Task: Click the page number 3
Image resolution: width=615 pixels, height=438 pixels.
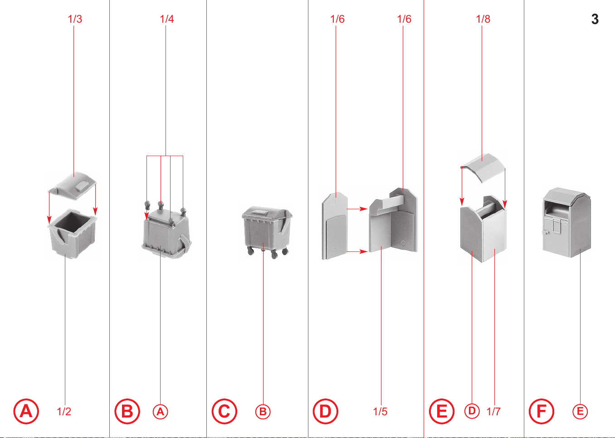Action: pos(595,19)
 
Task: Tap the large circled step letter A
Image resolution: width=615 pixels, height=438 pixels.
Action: pos(26,411)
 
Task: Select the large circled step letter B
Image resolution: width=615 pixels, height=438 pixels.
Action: pos(127,411)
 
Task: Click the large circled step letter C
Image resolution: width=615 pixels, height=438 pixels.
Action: pos(225,411)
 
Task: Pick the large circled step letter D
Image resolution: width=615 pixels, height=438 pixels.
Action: pos(325,411)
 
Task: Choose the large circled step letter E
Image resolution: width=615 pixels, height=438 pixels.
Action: pos(442,411)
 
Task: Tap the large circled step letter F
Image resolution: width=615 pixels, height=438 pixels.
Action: pos(542,411)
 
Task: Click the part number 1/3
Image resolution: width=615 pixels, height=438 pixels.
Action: pos(75,19)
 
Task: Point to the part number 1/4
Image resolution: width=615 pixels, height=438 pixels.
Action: pos(167,19)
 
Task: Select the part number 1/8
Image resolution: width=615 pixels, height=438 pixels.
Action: pos(483,19)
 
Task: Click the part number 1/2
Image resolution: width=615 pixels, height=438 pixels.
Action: pos(64,412)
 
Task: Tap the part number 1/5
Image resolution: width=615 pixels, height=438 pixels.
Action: pos(380,412)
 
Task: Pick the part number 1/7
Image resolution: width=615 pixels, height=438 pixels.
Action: pos(493,412)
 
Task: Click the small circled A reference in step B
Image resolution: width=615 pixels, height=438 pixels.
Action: pos(161,412)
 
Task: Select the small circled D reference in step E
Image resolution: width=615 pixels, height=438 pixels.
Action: pos(472,411)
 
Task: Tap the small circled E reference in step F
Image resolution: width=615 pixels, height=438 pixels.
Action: pos(580,412)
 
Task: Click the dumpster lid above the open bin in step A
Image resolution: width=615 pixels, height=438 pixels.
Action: pos(72,186)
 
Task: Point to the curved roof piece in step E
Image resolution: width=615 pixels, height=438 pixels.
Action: pos(483,167)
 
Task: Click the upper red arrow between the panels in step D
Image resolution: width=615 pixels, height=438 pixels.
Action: pos(357,209)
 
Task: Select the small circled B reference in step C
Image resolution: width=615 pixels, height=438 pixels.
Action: pos(263,412)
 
